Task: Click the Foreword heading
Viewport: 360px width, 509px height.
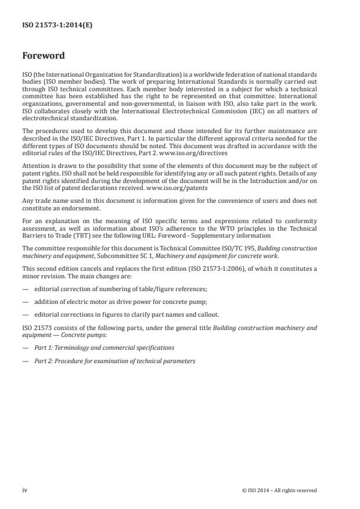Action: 43,56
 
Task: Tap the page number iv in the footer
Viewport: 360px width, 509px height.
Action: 24,490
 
